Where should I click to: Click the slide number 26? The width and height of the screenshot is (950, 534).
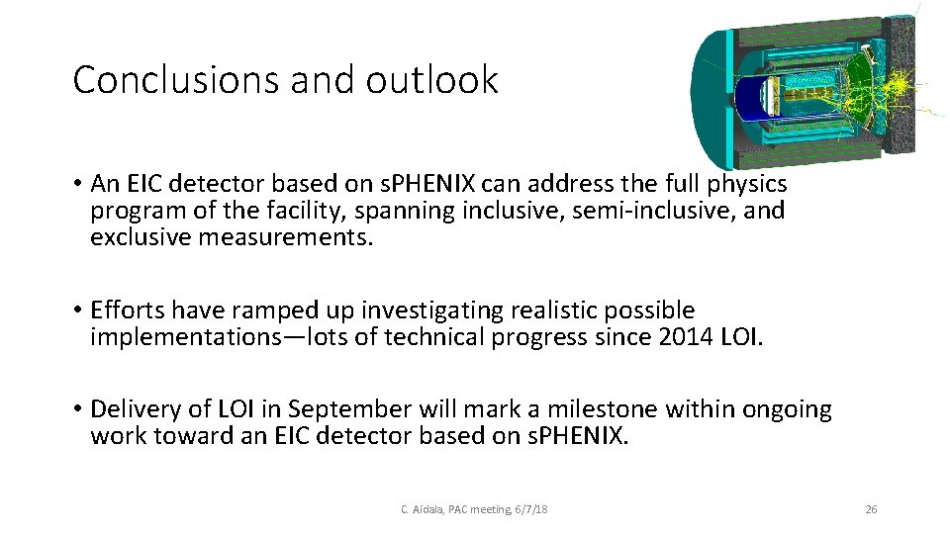871,509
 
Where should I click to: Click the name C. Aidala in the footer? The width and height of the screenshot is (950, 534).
420,509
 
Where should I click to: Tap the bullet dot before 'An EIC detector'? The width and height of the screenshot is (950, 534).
76,185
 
